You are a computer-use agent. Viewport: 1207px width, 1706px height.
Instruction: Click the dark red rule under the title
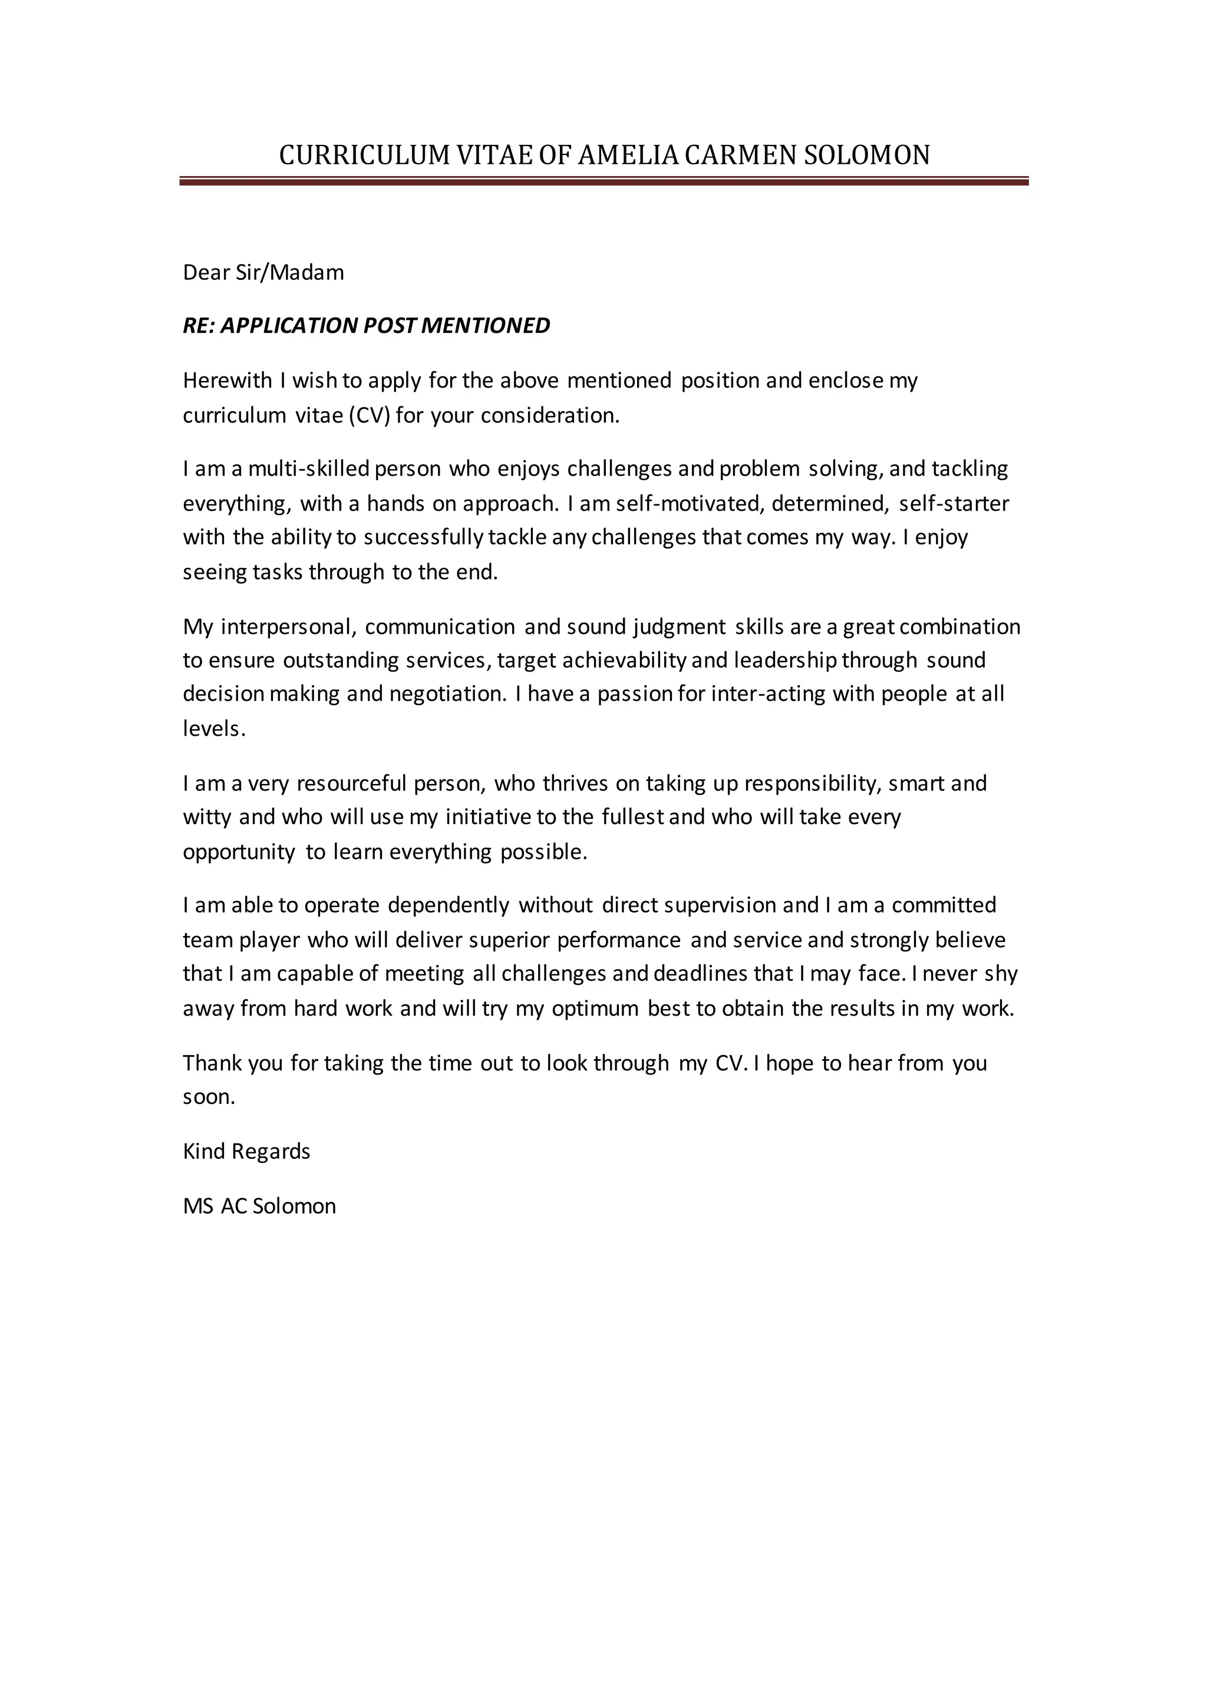[x=603, y=181]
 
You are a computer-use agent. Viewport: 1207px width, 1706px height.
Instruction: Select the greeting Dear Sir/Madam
[x=263, y=273]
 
